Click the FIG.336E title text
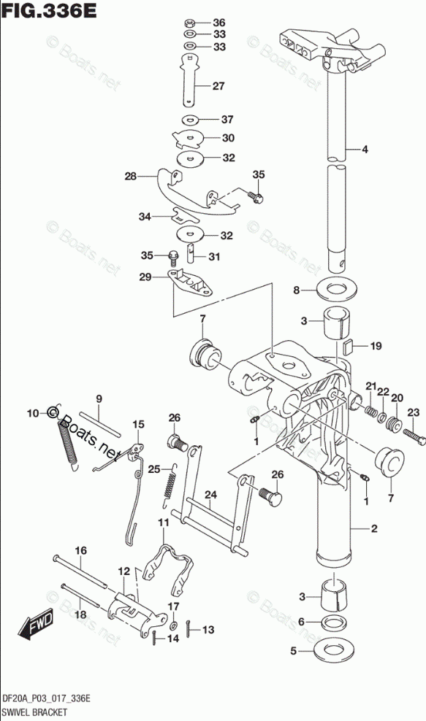(x=49, y=10)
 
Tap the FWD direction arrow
(x=34, y=624)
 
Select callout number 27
(x=218, y=85)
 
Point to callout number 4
(x=365, y=149)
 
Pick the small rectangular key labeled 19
(x=347, y=345)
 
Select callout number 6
(x=301, y=622)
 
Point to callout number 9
(x=99, y=399)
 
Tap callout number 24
(x=210, y=495)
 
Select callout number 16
(x=80, y=550)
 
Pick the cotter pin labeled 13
(x=190, y=629)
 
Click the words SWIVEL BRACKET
(x=34, y=712)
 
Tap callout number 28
(x=131, y=176)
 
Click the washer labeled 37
(x=189, y=120)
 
